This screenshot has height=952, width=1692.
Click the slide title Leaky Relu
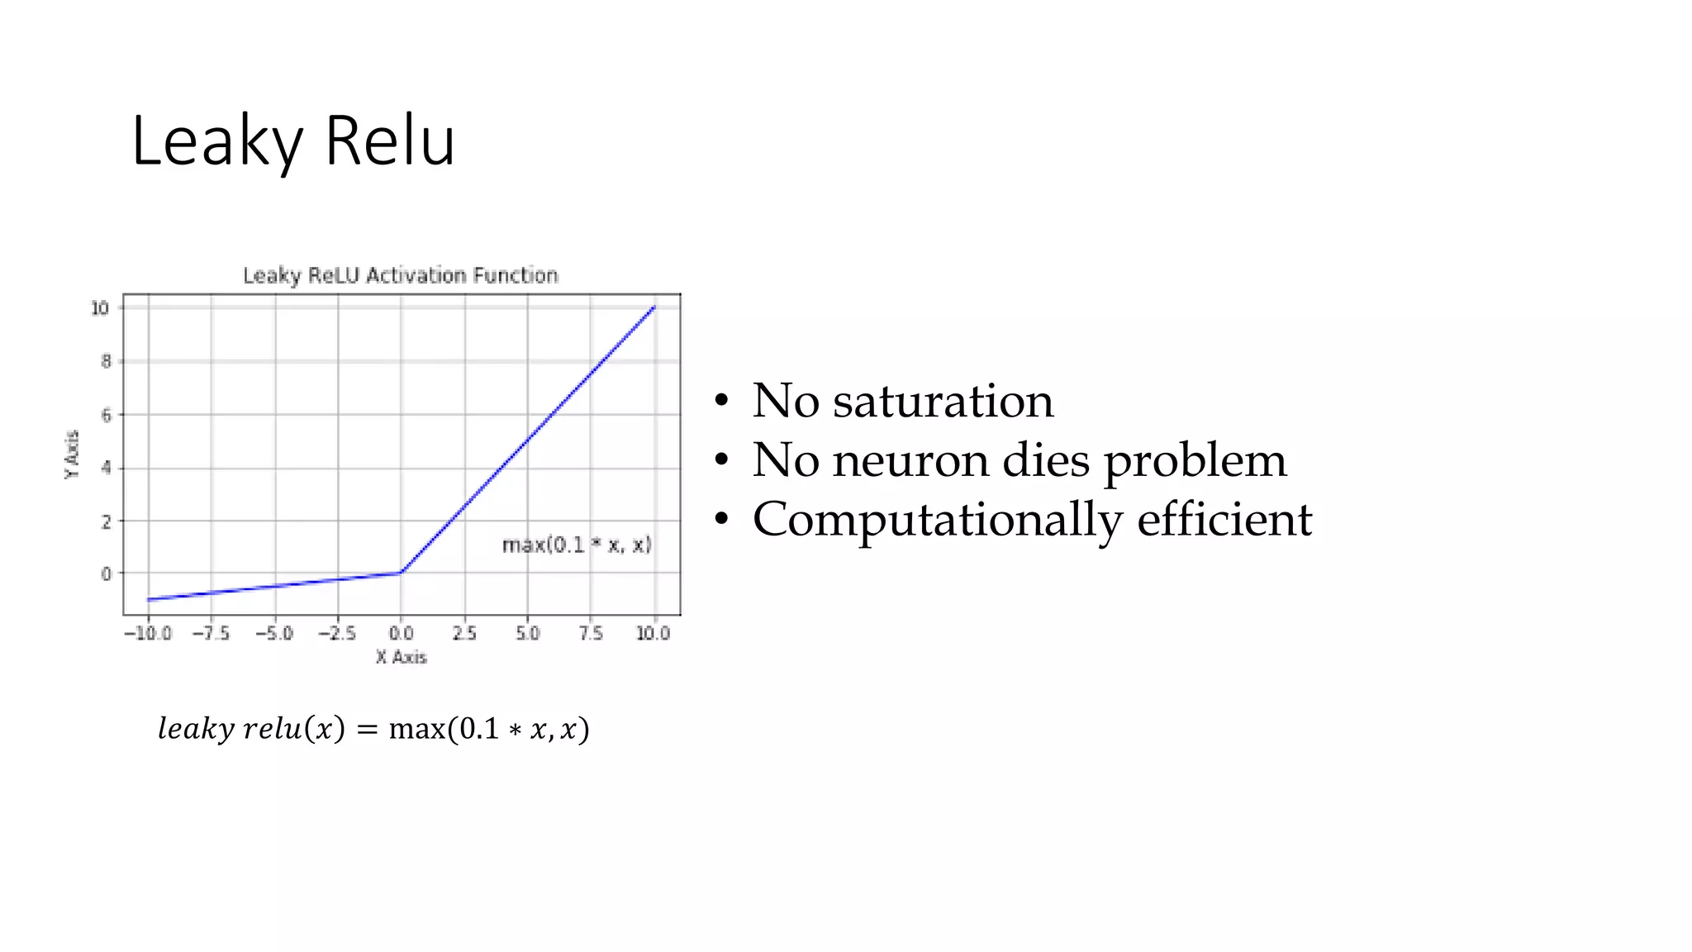(x=292, y=142)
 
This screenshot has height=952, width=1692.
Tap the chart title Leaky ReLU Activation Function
(x=401, y=275)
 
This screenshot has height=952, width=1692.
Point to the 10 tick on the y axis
(x=100, y=308)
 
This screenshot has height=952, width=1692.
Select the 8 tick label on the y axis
(x=106, y=361)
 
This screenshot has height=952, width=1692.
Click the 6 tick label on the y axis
(x=106, y=415)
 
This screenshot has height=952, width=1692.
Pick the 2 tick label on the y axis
(x=106, y=521)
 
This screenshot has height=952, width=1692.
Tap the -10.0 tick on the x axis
(x=148, y=633)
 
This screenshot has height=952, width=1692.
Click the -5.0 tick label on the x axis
(x=274, y=633)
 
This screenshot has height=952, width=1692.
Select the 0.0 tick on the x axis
(x=402, y=633)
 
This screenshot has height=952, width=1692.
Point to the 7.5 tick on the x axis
(x=591, y=633)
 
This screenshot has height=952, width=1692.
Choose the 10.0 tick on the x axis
(x=653, y=633)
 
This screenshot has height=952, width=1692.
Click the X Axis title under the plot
(x=402, y=657)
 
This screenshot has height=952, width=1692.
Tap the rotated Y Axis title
(x=73, y=454)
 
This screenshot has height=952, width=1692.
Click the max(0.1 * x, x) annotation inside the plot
(x=577, y=545)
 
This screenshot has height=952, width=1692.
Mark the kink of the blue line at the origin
(x=402, y=572)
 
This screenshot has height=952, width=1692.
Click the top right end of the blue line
(x=654, y=307)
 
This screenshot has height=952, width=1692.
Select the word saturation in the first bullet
(x=943, y=401)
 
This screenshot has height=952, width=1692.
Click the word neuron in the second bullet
(x=910, y=460)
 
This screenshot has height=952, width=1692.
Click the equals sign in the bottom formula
(x=367, y=730)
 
